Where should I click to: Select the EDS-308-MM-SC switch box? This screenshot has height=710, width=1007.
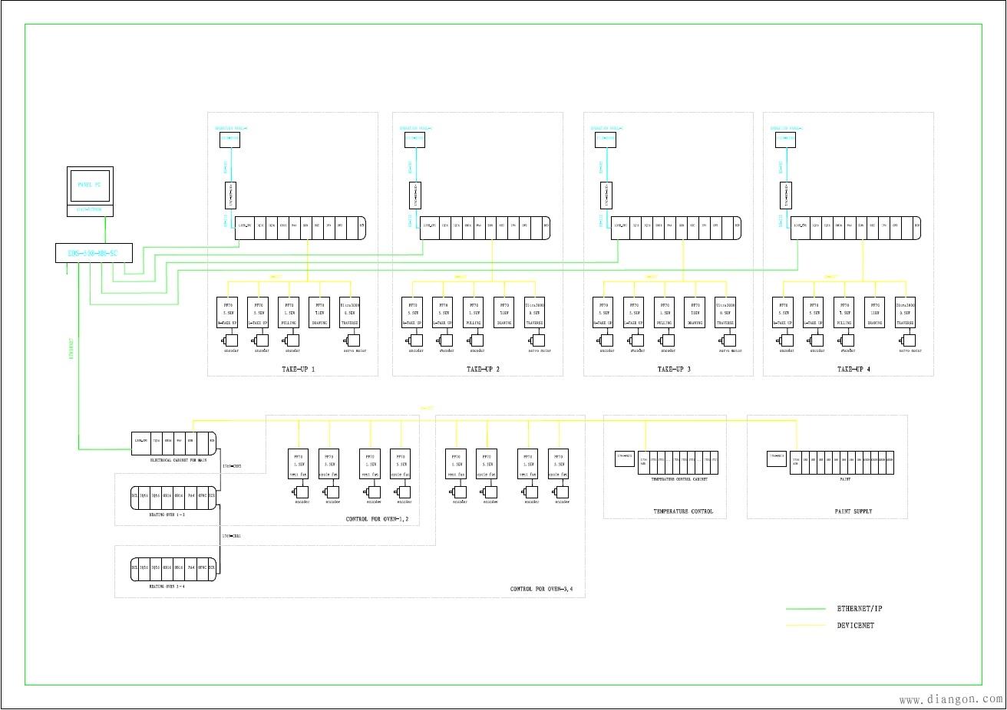[x=94, y=253]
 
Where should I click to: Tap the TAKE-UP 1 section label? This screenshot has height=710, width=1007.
[x=293, y=370]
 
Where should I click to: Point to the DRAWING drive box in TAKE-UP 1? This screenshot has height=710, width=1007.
[x=319, y=312]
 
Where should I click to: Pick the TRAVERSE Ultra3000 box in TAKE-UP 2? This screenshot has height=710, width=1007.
[x=535, y=312]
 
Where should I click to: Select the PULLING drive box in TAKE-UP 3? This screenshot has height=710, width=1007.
[x=665, y=312]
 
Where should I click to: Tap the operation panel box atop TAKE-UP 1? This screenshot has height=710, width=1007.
[x=230, y=139]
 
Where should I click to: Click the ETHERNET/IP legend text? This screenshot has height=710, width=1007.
[x=860, y=609]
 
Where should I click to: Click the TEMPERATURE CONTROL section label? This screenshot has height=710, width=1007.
[x=683, y=511]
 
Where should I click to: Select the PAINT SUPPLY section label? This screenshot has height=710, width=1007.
[x=853, y=511]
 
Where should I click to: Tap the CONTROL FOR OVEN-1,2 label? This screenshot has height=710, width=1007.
[x=377, y=520]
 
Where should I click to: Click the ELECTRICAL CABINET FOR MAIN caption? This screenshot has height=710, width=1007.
[x=178, y=459]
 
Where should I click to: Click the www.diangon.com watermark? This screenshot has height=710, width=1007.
[x=950, y=698]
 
